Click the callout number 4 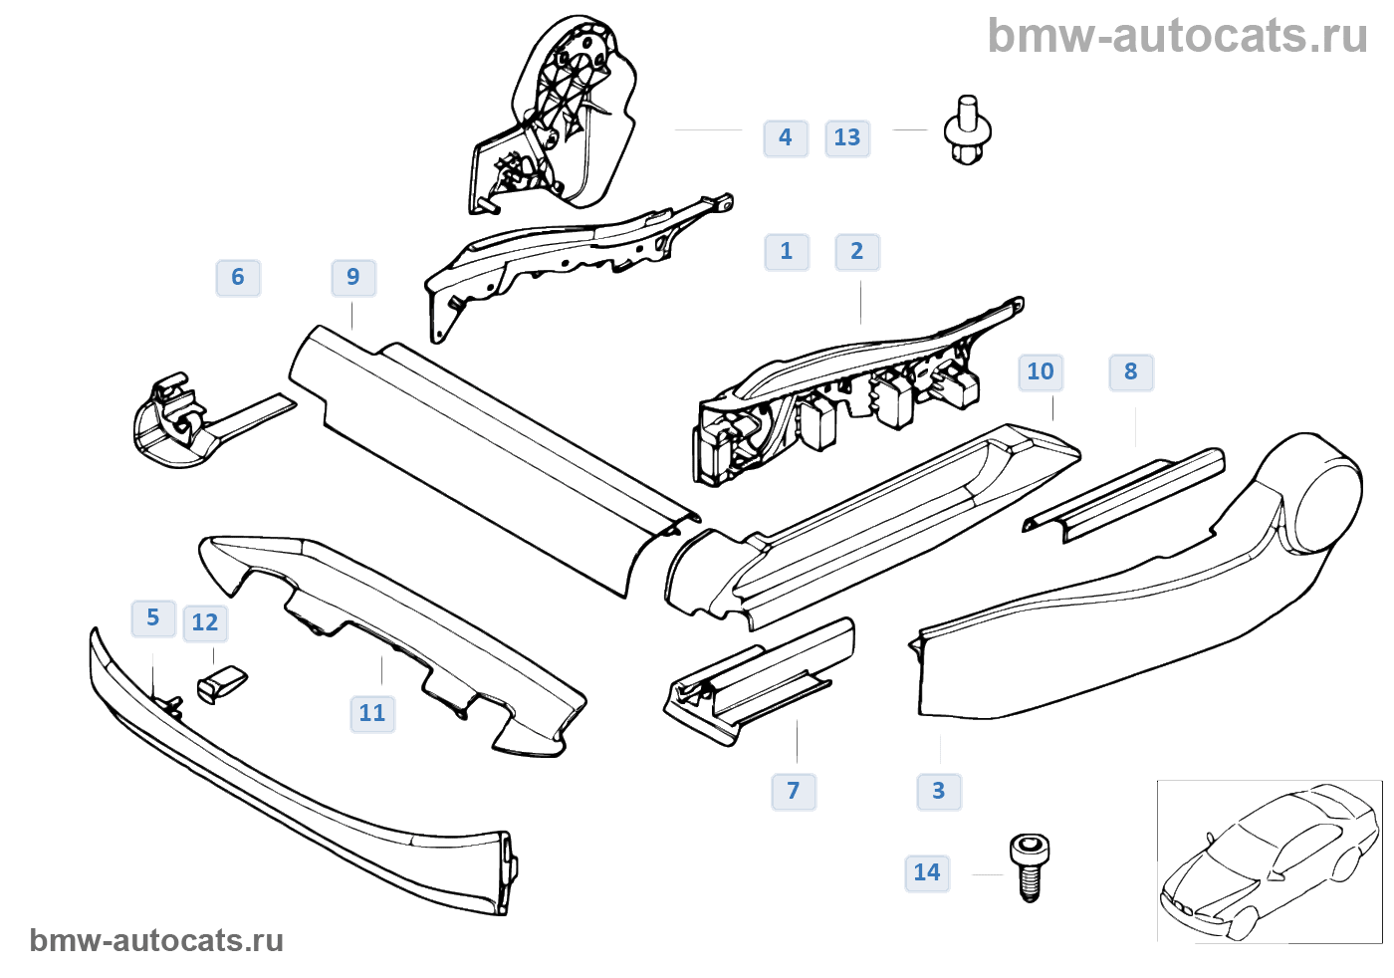786,137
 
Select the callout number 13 847,137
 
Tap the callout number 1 787,251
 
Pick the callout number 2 857,251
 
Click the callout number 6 238,278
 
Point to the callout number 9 353,278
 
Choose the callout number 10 1041,372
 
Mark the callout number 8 1131,372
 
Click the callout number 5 153,618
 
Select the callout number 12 205,623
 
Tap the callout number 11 372,714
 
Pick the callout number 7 794,792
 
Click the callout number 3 939,792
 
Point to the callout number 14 927,873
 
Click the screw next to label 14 1030,865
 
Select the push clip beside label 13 967,130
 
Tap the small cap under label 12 222,683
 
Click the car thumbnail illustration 1269,861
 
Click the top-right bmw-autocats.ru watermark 1177,36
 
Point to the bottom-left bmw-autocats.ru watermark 156,941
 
